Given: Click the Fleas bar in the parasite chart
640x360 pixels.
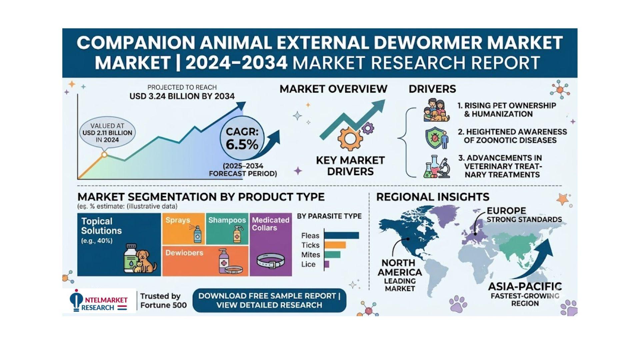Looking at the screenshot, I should pos(341,236).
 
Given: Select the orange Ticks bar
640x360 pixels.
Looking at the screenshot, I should pos(335,245).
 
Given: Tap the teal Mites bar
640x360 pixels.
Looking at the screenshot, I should pos(332,255).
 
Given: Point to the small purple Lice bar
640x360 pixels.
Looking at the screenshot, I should pos(326,264).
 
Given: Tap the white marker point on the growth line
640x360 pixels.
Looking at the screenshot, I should pos(104,155).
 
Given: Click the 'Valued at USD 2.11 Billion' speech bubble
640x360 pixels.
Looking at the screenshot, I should pos(107,133).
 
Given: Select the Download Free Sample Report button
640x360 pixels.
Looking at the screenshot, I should pos(269,300).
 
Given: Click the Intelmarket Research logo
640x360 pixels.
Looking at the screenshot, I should pos(99,301).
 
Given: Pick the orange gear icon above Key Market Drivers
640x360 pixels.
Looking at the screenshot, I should pos(350,139).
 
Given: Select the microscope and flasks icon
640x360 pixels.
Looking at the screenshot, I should pos(437,166).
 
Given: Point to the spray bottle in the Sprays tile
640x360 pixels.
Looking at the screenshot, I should pos(197,234).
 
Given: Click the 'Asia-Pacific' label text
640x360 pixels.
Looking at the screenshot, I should pos(525,286).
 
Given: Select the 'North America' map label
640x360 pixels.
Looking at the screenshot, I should pos(400,267).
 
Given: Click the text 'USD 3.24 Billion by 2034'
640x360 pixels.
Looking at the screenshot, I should pos(182,96).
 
